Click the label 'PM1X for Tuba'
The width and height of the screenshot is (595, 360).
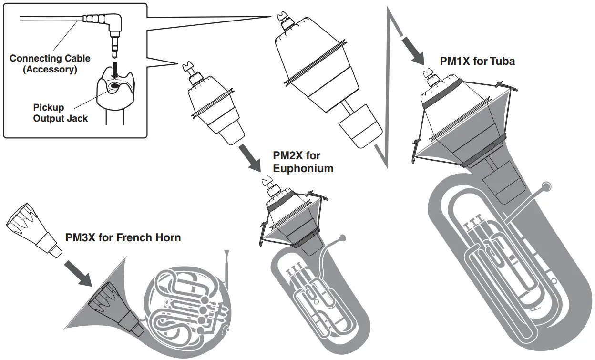coord(477,61)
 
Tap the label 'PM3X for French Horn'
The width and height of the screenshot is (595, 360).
coord(123,237)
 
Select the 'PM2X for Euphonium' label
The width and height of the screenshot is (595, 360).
coord(303,162)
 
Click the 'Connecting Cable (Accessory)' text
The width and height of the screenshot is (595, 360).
coord(50,64)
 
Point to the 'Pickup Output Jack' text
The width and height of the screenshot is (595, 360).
coord(60,113)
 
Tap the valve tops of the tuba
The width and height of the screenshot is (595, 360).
coord(474,222)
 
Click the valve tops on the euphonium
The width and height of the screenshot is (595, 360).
coord(294,269)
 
